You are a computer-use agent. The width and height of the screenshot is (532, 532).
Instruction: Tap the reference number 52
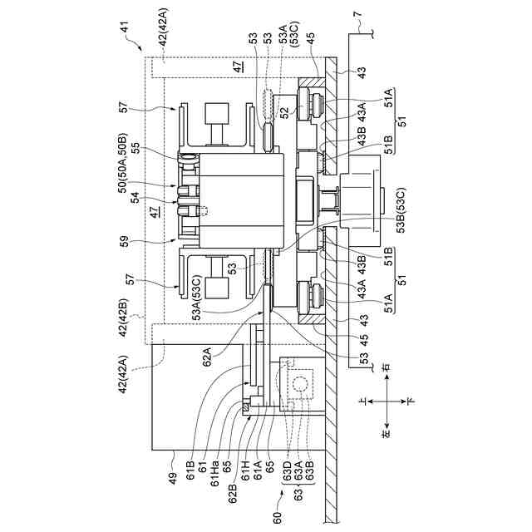point(284,111)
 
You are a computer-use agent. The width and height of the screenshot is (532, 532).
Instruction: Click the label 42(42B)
point(126,319)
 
